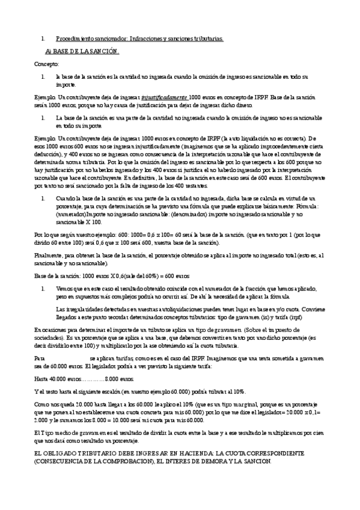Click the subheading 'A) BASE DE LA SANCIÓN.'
coord(82,51)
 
